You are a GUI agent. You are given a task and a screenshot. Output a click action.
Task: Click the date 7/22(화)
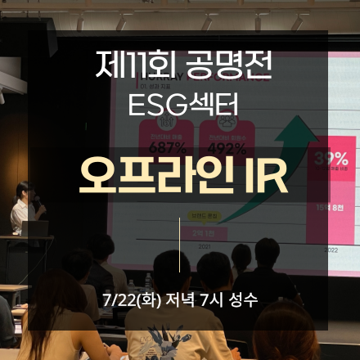click(x=131, y=299)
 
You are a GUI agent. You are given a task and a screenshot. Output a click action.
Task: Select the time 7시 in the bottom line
click(x=221, y=299)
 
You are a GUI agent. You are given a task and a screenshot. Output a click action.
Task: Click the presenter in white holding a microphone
click(x=24, y=209)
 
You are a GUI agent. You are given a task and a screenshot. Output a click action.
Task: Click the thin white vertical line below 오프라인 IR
click(x=179, y=243)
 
